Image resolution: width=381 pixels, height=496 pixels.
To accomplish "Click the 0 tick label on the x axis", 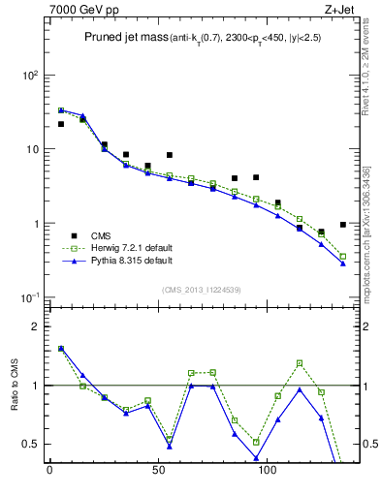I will (x=49, y=475).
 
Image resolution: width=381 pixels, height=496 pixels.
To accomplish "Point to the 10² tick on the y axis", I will (x=31, y=75).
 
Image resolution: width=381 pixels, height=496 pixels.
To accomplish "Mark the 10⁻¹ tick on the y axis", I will (x=31, y=297).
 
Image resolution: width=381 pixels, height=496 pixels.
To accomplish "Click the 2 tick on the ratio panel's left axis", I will (x=35, y=326).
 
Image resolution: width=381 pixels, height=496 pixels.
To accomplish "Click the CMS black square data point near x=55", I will (x=170, y=155).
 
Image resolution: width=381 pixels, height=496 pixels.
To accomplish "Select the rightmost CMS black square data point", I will (x=343, y=225).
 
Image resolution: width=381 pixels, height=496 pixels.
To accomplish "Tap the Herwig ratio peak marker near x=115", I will (x=300, y=363).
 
